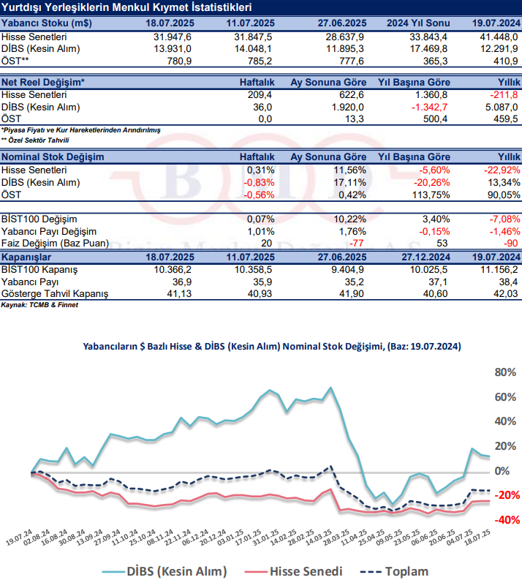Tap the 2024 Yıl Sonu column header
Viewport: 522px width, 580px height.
pos(411,23)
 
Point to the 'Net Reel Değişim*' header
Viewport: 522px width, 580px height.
pos(43,82)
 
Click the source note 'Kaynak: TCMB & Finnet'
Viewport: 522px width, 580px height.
pos(39,304)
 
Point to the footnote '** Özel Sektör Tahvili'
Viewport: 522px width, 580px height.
pos(35,139)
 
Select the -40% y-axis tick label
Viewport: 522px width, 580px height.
pos(504,520)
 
